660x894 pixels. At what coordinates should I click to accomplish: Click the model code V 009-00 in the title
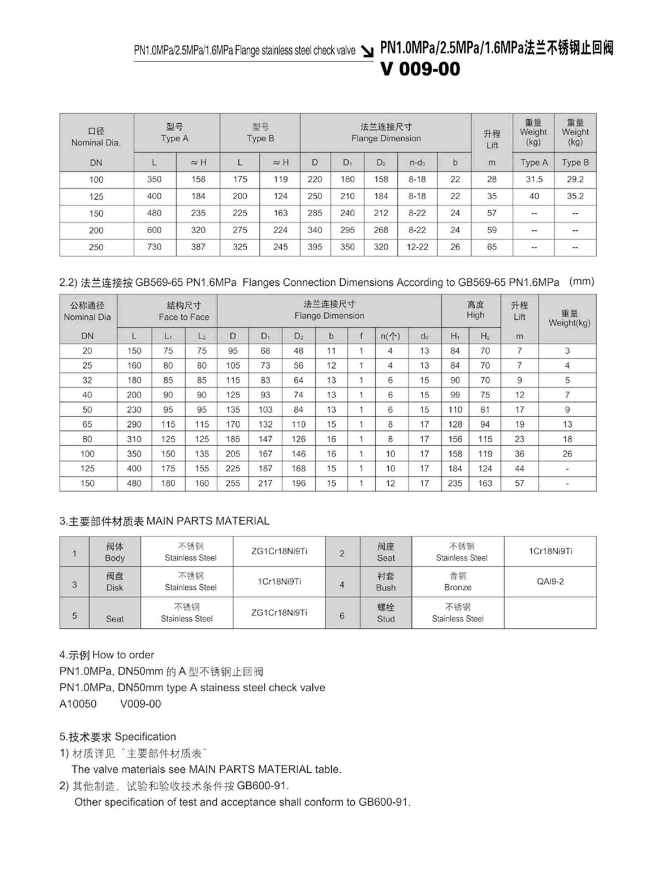420,69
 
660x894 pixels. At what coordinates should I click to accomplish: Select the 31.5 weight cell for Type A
534,180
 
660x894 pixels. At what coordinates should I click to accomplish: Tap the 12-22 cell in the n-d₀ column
417,247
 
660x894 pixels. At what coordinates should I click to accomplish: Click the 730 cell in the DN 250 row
154,247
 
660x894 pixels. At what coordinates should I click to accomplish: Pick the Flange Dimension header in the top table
386,133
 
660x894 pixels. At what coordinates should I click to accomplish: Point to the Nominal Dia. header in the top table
96,137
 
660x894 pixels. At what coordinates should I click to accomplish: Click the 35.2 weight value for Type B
575,196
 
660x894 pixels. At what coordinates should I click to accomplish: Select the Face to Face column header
184,312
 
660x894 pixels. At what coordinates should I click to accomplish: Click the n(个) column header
390,336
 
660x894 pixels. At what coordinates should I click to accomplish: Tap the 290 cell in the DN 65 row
134,424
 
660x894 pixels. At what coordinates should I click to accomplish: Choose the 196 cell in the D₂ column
298,483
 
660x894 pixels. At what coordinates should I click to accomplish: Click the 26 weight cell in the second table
567,454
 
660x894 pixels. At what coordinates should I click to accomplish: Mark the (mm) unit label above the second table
582,282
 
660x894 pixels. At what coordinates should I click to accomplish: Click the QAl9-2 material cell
550,582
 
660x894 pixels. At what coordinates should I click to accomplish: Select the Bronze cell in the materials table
457,582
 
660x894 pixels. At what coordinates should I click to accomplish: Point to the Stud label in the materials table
385,613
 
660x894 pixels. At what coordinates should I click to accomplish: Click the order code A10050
78,704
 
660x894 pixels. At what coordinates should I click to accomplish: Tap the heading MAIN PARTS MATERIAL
208,521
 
